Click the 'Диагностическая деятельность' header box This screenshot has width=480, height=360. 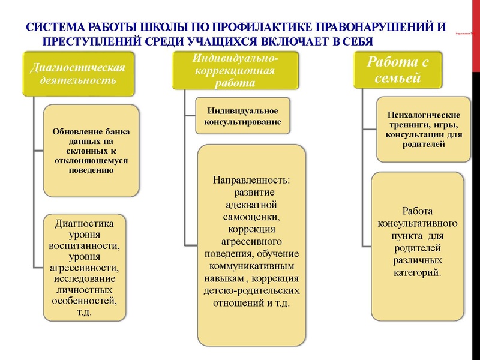[x=73, y=73]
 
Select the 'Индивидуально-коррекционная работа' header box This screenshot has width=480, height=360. [x=236, y=71]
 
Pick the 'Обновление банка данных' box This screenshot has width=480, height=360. [x=91, y=150]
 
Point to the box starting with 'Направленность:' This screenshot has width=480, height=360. [x=251, y=245]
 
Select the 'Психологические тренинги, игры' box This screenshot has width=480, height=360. [x=424, y=129]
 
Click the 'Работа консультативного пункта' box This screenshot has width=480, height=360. [x=418, y=246]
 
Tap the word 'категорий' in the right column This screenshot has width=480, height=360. [x=418, y=272]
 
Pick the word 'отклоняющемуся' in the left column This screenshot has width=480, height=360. [x=91, y=160]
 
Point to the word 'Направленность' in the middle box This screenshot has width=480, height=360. [x=251, y=180]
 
